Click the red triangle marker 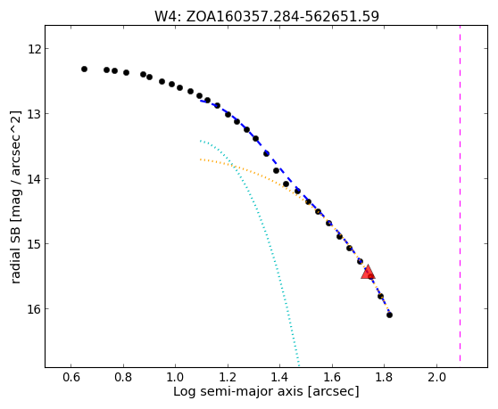pos(368,272)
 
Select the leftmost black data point pos(84,70)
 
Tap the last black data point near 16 pos(389,315)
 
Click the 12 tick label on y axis pos(34,50)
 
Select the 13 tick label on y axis pos(34,114)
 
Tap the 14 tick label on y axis pos(34,179)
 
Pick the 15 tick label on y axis pos(34,244)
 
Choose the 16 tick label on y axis pos(34,309)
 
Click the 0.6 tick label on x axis pos(71,377)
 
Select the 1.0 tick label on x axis pos(175,377)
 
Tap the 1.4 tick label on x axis pos(279,377)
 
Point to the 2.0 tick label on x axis pos(436,377)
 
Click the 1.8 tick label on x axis pos(384,377)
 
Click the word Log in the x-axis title pos(185,392)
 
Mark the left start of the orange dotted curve pos(201,160)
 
